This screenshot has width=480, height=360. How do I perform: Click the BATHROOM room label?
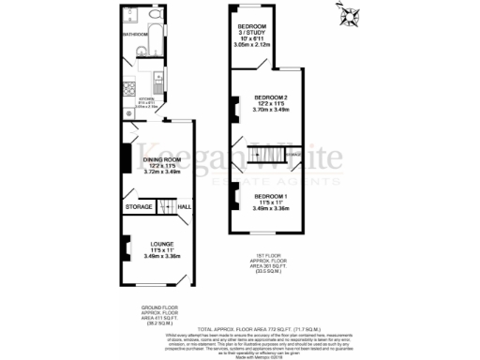click(x=135, y=35)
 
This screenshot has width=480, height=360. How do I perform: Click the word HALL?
click(x=185, y=206)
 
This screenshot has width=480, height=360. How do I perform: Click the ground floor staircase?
click(x=165, y=206)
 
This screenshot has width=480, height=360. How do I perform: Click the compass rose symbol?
click(x=351, y=15)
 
